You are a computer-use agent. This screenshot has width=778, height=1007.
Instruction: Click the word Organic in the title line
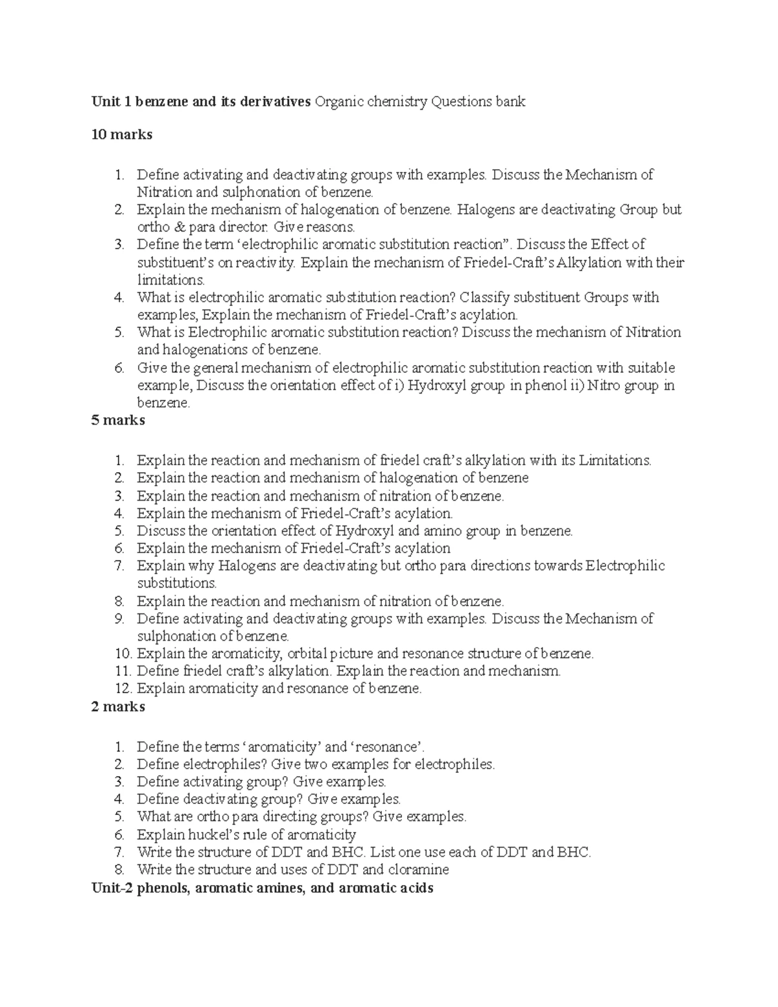click(336, 101)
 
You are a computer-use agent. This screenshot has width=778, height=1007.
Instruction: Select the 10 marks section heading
click(122, 135)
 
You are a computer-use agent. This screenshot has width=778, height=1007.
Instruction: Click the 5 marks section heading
click(118, 420)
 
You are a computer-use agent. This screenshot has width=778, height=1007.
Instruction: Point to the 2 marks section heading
click(118, 706)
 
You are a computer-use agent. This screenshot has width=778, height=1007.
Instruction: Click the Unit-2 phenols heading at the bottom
click(262, 888)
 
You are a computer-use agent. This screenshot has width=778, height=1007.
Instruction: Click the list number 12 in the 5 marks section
click(123, 689)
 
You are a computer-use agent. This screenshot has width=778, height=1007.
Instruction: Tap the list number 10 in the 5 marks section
click(123, 654)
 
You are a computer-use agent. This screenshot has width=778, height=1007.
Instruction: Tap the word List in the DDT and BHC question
click(381, 852)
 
